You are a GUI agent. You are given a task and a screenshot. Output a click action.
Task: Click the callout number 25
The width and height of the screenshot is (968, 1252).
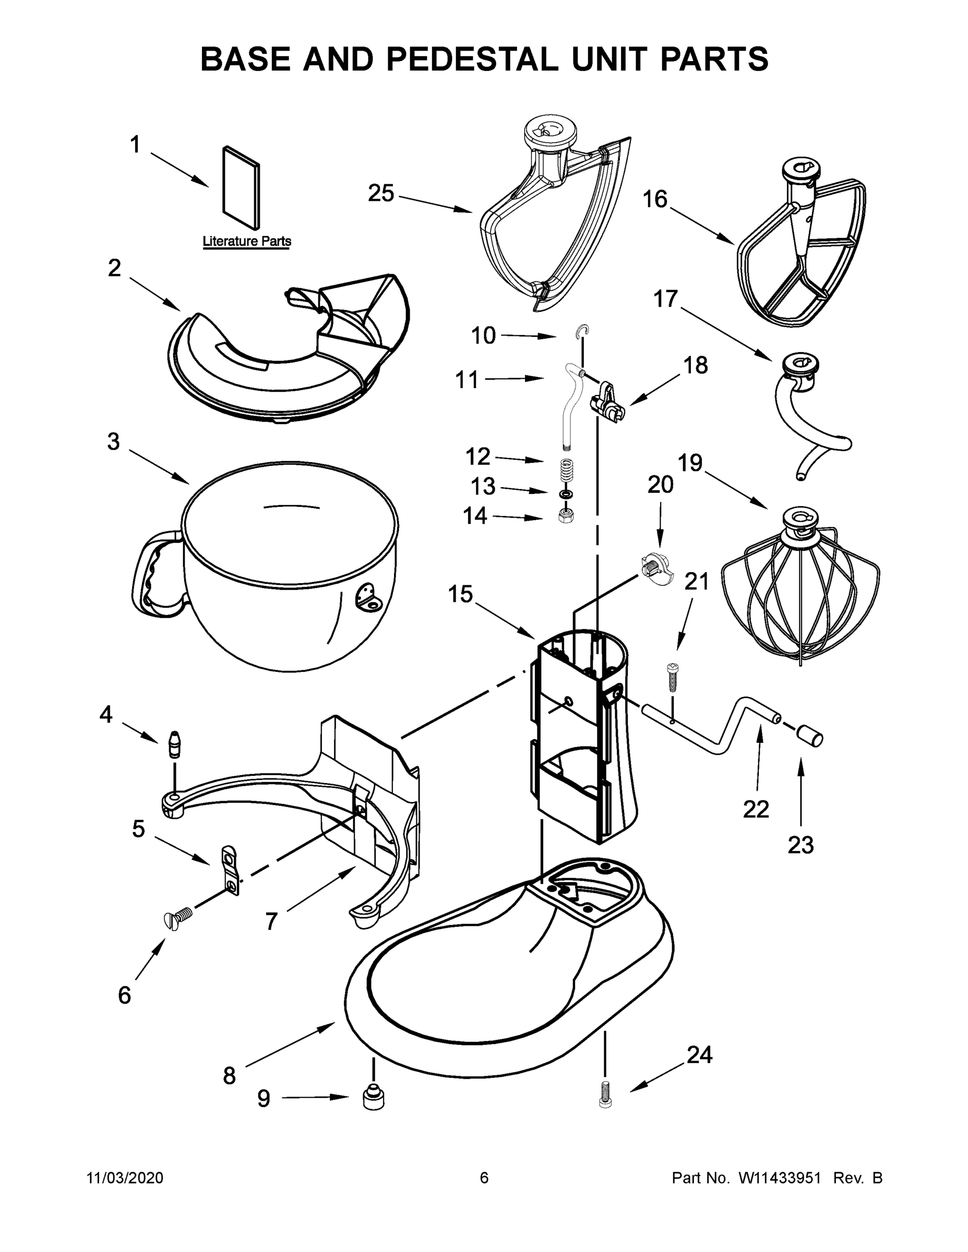[381, 194]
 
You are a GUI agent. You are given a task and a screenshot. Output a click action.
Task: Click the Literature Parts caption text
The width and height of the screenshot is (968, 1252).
[247, 242]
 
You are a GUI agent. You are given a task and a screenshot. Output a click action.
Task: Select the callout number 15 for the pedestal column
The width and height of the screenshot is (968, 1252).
[460, 595]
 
